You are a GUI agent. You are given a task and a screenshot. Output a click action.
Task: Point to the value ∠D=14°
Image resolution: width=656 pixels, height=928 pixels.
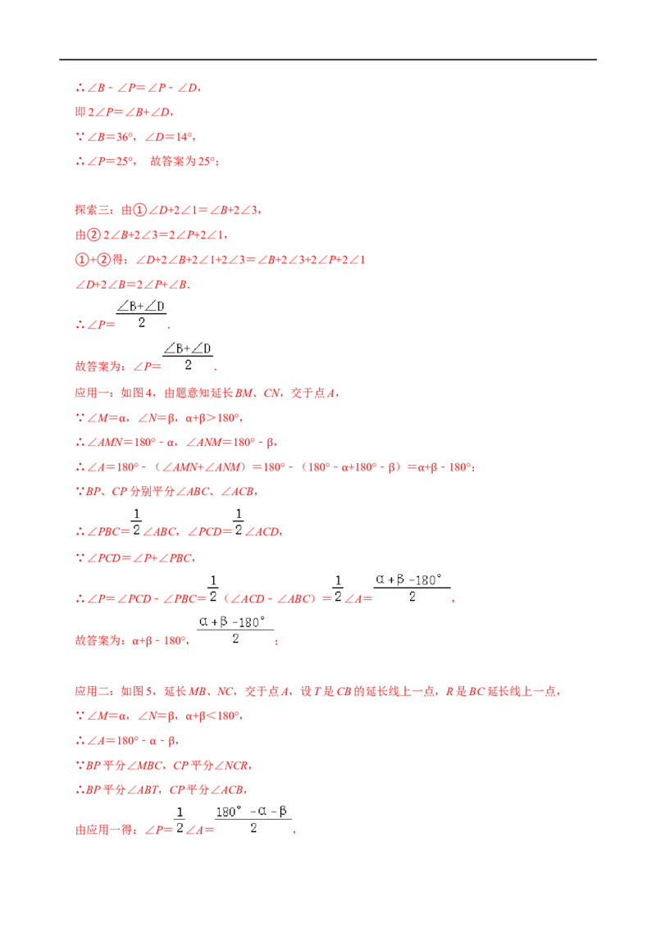click(x=168, y=137)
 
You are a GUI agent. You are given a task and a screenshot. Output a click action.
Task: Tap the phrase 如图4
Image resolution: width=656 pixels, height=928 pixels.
click(x=138, y=393)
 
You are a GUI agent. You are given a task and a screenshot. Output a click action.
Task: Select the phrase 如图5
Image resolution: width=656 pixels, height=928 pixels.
click(x=138, y=691)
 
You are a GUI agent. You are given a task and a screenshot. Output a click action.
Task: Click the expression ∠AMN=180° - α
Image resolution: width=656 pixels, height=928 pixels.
click(x=131, y=443)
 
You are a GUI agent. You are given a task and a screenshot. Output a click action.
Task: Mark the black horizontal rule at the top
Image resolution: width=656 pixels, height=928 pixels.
click(x=328, y=60)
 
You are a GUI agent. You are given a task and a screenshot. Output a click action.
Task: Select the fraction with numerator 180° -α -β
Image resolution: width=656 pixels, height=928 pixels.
click(x=253, y=820)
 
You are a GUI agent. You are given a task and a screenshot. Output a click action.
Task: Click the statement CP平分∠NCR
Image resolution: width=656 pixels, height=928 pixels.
click(x=210, y=766)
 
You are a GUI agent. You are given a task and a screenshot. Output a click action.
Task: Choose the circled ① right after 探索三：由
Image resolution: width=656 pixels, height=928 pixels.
click(x=139, y=210)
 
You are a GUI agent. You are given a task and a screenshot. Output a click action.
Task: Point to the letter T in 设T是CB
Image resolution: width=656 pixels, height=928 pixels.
click(x=317, y=691)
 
